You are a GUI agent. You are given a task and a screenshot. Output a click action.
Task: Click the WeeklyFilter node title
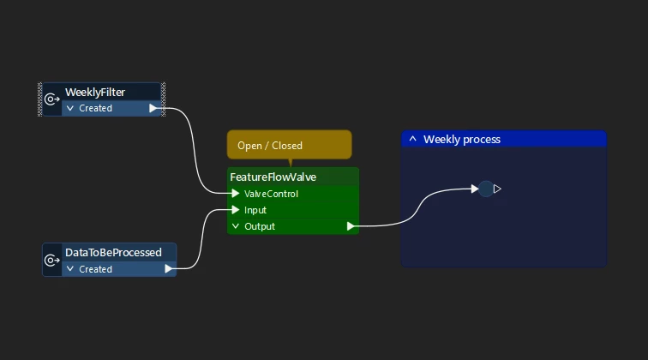click(107, 92)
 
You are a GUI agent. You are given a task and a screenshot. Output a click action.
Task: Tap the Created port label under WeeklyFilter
click(95, 109)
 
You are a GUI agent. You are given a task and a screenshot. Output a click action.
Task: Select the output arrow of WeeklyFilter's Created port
click(153, 108)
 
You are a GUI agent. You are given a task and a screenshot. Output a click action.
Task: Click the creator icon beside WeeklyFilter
click(51, 99)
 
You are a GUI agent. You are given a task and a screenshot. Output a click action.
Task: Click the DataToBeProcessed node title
click(113, 253)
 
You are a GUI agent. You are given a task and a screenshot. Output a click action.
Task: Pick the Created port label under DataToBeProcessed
click(95, 269)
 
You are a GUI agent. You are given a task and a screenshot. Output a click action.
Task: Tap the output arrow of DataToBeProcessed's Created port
click(168, 269)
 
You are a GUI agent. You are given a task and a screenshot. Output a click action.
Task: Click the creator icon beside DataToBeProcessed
click(51, 260)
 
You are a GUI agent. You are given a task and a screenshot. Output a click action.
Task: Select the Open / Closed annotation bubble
click(289, 145)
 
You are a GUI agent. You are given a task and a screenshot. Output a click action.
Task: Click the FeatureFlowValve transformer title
click(273, 177)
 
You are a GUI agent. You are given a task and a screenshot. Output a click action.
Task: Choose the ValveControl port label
click(271, 194)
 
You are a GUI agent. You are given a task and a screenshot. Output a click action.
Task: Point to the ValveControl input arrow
click(236, 194)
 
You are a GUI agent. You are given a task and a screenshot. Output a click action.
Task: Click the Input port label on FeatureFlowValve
click(255, 210)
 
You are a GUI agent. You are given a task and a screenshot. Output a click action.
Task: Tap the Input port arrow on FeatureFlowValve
click(236, 210)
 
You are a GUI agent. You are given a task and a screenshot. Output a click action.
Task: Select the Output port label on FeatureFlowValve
click(260, 226)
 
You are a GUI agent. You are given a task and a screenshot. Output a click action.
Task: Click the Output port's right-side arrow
click(351, 226)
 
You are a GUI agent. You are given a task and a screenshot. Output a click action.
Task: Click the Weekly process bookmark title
click(462, 139)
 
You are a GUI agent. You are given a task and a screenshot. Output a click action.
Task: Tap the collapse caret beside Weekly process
click(412, 139)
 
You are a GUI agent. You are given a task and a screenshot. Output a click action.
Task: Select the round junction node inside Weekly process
click(486, 189)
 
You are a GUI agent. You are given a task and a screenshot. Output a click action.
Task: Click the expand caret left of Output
click(236, 226)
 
